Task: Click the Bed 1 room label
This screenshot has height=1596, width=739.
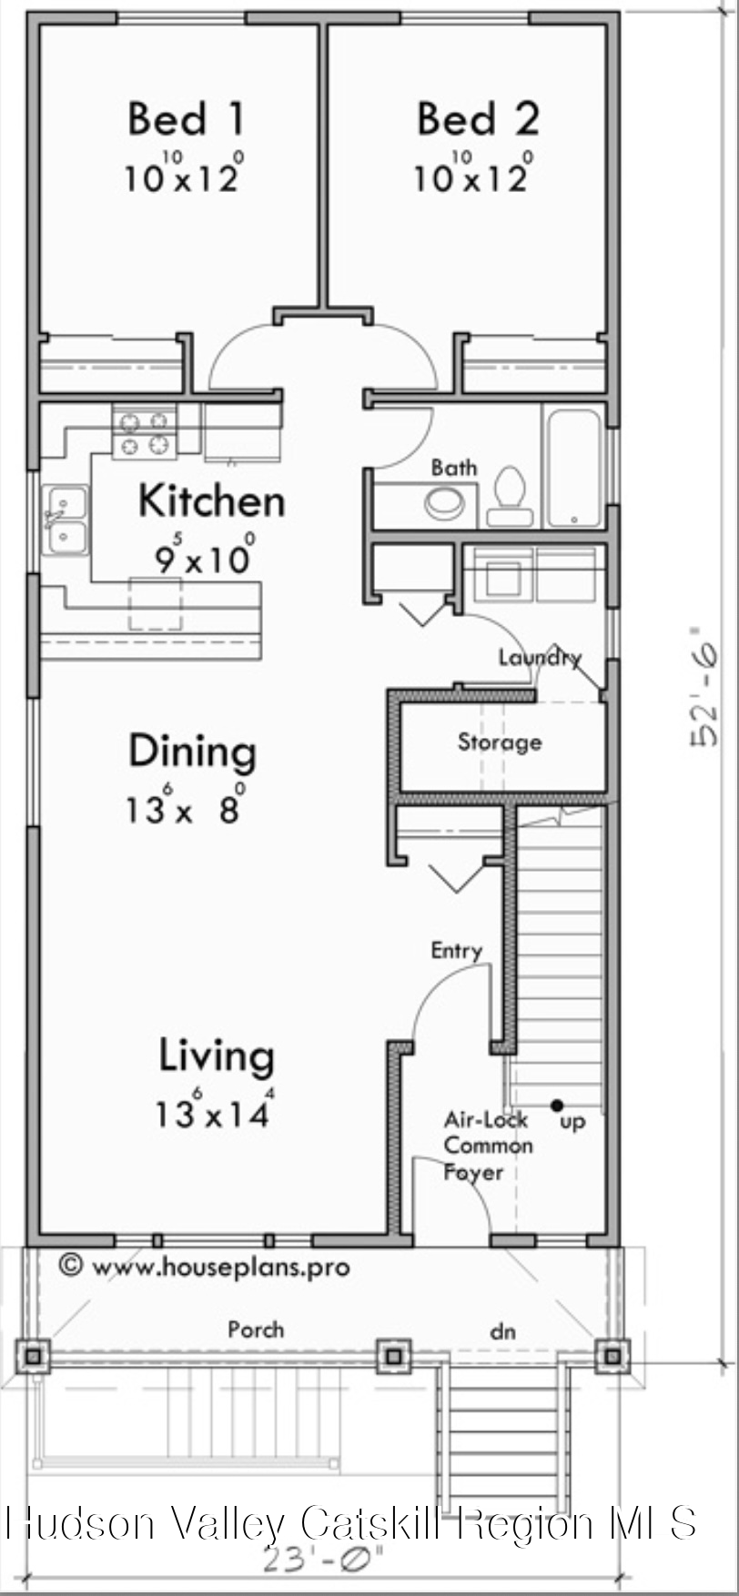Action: pyautogui.click(x=186, y=119)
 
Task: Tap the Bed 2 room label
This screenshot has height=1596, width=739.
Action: pyautogui.click(x=478, y=119)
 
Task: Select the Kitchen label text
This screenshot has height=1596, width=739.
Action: pyautogui.click(x=211, y=501)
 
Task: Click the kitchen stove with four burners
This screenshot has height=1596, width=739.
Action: pyautogui.click(x=144, y=433)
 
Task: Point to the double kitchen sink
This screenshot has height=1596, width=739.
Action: pyautogui.click(x=67, y=521)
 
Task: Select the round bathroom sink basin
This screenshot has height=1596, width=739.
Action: pyautogui.click(x=444, y=503)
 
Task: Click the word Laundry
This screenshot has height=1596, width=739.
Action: pyautogui.click(x=539, y=656)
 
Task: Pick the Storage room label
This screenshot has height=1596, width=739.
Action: pyautogui.click(x=500, y=742)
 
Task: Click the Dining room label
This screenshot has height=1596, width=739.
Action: pyautogui.click(x=192, y=752)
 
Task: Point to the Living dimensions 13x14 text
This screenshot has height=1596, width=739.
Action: pyautogui.click(x=213, y=1112)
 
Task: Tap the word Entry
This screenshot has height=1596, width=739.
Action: pyautogui.click(x=456, y=951)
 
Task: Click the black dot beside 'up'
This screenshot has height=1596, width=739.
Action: pyautogui.click(x=556, y=1106)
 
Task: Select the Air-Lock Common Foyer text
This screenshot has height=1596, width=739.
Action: pyautogui.click(x=487, y=1146)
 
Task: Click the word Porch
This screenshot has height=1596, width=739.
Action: pyautogui.click(x=256, y=1329)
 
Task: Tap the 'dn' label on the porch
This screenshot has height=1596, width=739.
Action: pyautogui.click(x=502, y=1332)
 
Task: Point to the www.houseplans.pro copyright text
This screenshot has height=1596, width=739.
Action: pyautogui.click(x=205, y=1266)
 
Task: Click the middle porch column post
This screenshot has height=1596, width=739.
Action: pyautogui.click(x=393, y=1356)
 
